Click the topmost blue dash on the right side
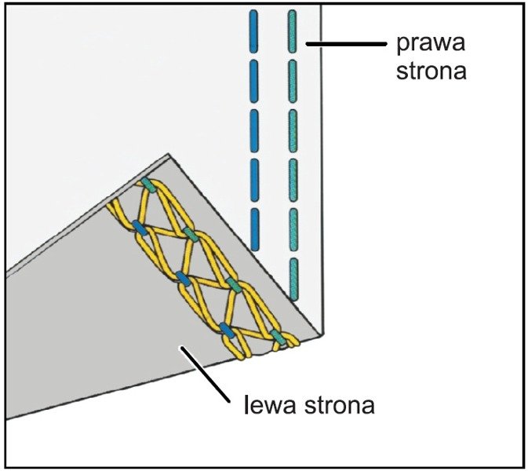point(253,29)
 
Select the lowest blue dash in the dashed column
point(253,228)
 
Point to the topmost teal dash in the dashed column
point(293,31)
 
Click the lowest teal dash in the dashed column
point(293,279)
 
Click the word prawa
point(420,42)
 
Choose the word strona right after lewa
point(338,407)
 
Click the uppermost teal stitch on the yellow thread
point(148,185)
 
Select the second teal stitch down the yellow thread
point(190,235)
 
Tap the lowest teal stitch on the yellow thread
point(277,338)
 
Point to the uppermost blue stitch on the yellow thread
point(140,228)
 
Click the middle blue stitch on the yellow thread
point(184,279)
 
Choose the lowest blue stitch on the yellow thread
point(226,330)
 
